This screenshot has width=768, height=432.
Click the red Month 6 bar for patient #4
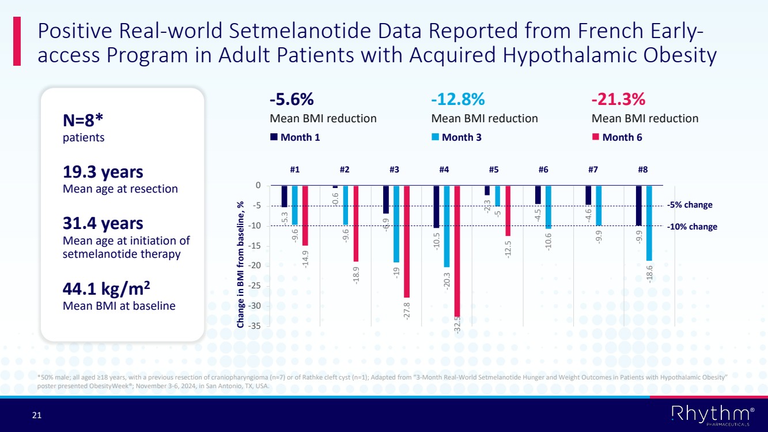457,251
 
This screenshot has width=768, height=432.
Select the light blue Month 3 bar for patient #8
649,223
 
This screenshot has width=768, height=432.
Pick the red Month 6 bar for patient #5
508,211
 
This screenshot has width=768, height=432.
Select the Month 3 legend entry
461,137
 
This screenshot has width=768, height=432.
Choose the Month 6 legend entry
622,137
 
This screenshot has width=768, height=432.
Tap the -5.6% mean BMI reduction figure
292,99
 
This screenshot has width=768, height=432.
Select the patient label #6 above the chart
543,170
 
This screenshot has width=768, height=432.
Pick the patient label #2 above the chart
345,170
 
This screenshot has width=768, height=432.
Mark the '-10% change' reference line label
692,227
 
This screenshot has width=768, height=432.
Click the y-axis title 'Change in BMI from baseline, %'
240,265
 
